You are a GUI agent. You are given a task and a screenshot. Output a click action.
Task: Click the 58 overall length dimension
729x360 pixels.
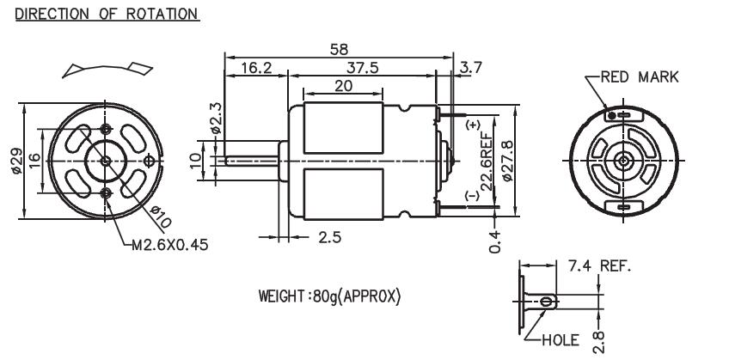coord(339,49)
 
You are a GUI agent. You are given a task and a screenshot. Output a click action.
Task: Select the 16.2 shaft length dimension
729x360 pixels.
coord(255,67)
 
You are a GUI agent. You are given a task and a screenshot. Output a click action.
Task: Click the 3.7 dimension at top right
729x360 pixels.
coord(471,67)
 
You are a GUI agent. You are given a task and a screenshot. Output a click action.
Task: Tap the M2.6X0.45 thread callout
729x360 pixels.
coord(169,244)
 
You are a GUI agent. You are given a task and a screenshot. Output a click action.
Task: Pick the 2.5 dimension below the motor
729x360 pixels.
coord(330,238)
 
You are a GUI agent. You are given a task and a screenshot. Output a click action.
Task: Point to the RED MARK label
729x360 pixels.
coord(639,77)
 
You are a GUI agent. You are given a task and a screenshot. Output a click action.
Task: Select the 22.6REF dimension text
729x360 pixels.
coord(487,161)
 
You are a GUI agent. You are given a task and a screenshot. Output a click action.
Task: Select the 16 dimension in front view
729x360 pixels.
coord(34,161)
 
